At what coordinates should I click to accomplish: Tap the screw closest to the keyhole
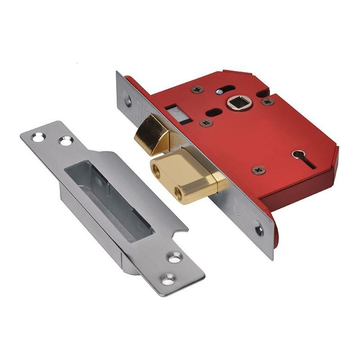point(259,170)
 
